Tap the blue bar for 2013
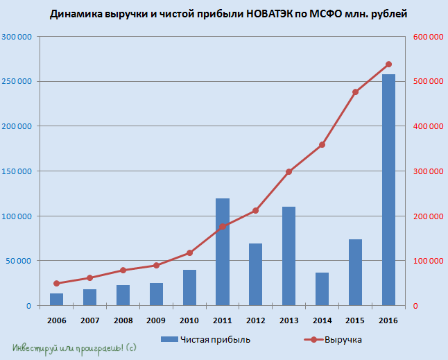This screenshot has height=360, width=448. click(x=288, y=256)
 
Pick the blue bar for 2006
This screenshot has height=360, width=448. click(x=56, y=299)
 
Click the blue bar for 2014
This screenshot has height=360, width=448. click(x=322, y=289)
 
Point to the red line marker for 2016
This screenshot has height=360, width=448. click(x=388, y=65)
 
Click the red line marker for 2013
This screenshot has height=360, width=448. click(x=288, y=171)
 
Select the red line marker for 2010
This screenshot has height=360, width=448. click(x=189, y=253)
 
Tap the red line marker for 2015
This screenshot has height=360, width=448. click(x=355, y=92)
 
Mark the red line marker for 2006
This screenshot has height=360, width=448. click(x=56, y=284)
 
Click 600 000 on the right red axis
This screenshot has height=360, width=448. click(x=428, y=37)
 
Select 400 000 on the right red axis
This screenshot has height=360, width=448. click(x=428, y=126)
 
